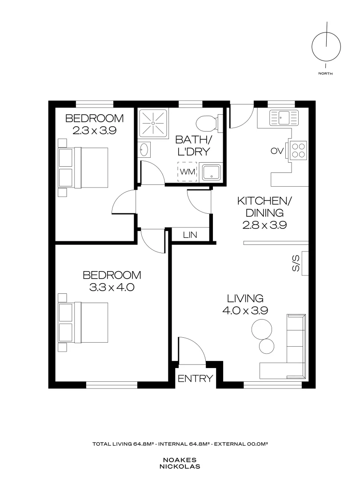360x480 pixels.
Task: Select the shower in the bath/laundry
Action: tap(153, 123)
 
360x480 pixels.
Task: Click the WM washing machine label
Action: tap(188, 172)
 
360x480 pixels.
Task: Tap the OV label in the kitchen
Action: tap(277, 151)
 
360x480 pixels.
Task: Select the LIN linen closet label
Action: tap(190, 235)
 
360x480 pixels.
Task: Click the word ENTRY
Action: tap(195, 379)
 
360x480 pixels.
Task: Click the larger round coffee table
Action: tap(261, 329)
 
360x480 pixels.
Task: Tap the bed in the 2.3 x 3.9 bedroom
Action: tap(83, 168)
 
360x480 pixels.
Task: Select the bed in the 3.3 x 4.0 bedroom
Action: tap(83, 322)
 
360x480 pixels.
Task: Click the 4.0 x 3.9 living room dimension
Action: tap(245, 311)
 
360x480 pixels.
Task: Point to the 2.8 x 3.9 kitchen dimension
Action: tap(264, 225)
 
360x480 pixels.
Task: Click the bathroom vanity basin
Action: tap(144, 150)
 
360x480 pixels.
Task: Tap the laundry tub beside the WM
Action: tap(211, 172)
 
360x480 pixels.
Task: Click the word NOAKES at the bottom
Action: tap(180, 460)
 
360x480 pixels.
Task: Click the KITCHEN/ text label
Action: tap(264, 201)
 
